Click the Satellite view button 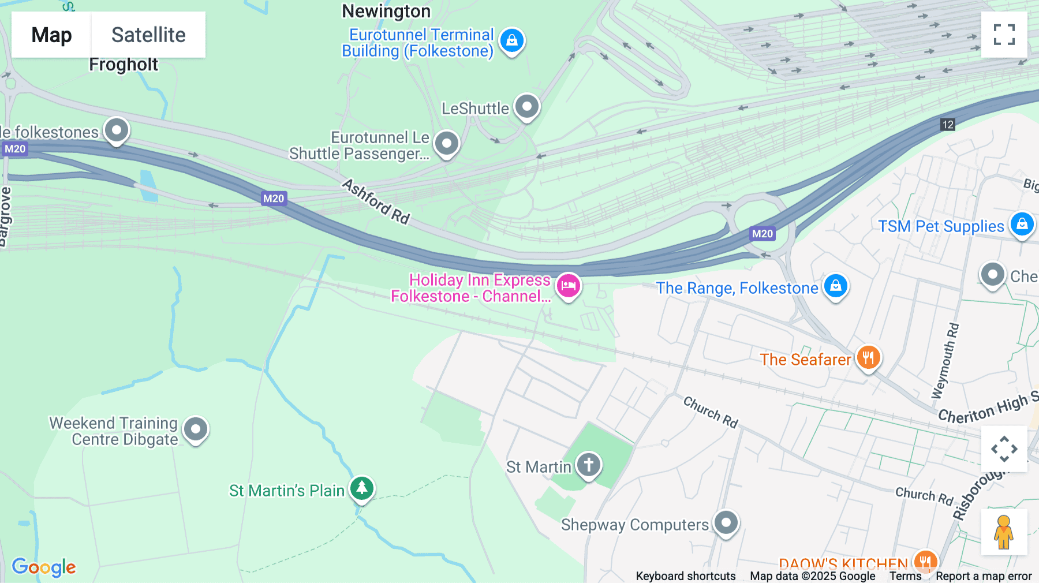(x=148, y=35)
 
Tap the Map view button (x=51, y=35)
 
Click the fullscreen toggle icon (x=1004, y=35)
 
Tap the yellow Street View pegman (x=1004, y=532)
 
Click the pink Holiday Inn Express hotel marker (x=569, y=285)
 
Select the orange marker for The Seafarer (x=868, y=358)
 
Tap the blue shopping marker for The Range (x=835, y=286)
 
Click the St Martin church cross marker (x=588, y=464)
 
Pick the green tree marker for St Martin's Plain (x=362, y=488)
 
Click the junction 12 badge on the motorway (x=948, y=125)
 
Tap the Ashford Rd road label (x=376, y=201)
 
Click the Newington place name (x=386, y=11)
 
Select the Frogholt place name (x=123, y=65)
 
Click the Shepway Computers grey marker (x=726, y=522)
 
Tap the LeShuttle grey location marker (x=526, y=106)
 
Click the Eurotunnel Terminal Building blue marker (x=511, y=40)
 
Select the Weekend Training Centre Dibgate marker (x=196, y=429)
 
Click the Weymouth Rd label (x=945, y=361)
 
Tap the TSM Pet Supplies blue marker (x=1022, y=224)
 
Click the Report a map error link (x=983, y=576)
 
